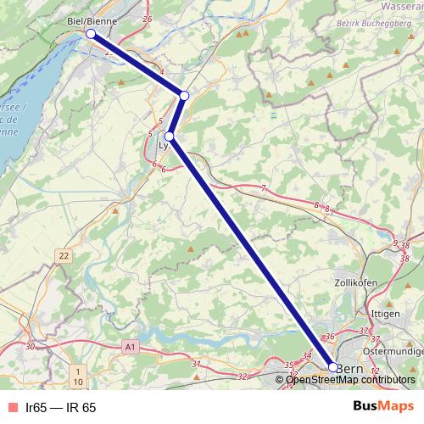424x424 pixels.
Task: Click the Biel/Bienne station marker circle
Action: (x=91, y=33)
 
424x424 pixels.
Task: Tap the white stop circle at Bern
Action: (x=333, y=368)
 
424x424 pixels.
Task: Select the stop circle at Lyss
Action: (x=170, y=136)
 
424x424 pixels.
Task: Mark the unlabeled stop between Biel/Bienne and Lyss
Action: (x=184, y=95)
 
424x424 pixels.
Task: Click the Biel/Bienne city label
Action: (x=91, y=18)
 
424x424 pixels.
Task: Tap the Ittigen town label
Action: (x=385, y=312)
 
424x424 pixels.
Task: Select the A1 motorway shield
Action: (x=129, y=347)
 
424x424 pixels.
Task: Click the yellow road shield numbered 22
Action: (x=64, y=255)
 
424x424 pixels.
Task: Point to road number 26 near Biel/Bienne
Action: (x=148, y=19)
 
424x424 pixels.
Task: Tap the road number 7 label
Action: (x=264, y=187)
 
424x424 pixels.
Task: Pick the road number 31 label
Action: (x=196, y=364)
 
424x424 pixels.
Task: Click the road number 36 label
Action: (x=331, y=337)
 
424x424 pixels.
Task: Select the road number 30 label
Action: (x=31, y=346)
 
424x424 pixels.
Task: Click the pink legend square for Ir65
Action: (x=11, y=408)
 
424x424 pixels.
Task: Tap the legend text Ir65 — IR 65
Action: (x=61, y=408)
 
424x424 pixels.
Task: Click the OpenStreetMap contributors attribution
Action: (x=350, y=380)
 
